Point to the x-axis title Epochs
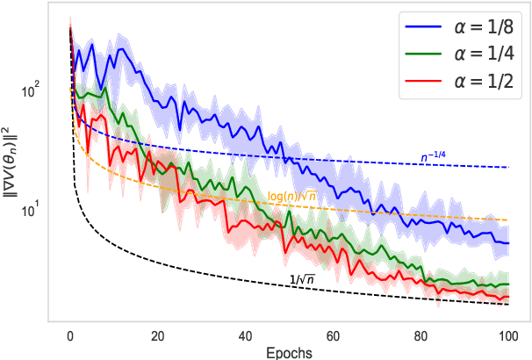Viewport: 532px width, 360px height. click(x=289, y=351)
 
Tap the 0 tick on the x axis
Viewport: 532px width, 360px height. click(x=70, y=335)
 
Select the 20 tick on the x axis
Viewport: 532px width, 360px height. click(x=158, y=335)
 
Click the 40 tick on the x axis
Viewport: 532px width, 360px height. click(x=246, y=335)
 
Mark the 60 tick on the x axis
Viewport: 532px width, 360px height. click(x=334, y=335)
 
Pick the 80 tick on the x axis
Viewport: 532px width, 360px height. click(x=421, y=335)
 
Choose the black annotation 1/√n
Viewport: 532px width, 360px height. click(x=304, y=279)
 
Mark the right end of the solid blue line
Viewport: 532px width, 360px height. click(x=508, y=243)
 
